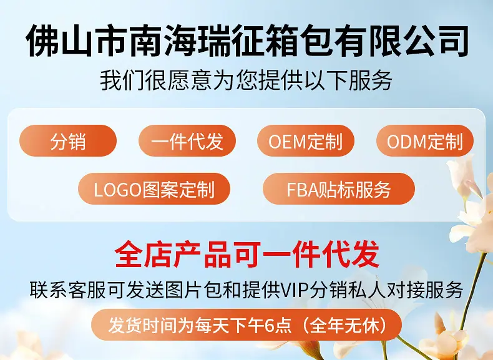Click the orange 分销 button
68,141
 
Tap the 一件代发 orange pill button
187,141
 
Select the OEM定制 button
306,141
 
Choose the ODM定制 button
425,141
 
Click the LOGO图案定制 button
154,189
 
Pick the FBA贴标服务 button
339,189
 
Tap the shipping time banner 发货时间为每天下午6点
246,325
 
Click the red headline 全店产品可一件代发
247,254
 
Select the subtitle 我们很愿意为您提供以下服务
246,81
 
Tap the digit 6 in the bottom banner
269,325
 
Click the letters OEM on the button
287,141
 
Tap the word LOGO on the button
117,190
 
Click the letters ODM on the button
406,141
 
